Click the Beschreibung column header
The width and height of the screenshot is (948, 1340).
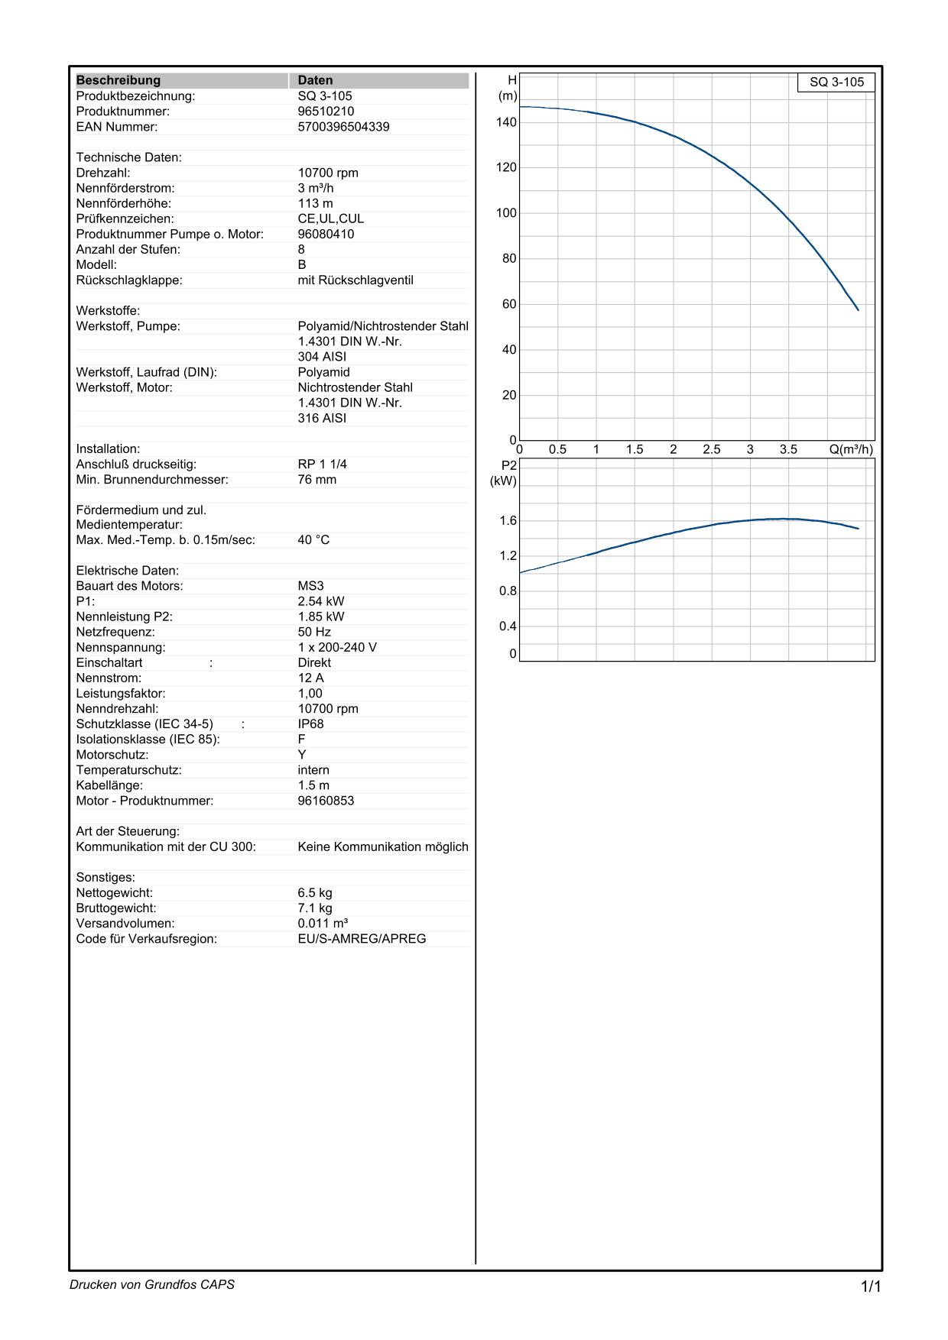point(118,80)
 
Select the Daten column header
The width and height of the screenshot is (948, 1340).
point(315,80)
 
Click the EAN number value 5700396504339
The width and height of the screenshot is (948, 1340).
point(343,127)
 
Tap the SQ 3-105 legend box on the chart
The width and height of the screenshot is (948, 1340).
point(836,83)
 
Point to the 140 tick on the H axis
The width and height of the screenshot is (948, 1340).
point(506,122)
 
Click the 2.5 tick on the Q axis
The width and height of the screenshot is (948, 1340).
point(711,449)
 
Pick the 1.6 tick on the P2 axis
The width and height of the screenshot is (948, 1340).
point(508,521)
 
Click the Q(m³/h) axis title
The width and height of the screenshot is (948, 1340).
point(850,449)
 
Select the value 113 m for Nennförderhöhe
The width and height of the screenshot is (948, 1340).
point(315,203)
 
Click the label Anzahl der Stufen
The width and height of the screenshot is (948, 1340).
point(128,249)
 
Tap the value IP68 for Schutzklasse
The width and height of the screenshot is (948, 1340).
point(310,723)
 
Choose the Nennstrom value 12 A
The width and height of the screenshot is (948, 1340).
point(310,678)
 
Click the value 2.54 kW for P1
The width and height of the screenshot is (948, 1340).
point(321,601)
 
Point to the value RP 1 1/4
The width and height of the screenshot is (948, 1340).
point(322,464)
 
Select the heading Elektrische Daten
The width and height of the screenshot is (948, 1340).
point(127,571)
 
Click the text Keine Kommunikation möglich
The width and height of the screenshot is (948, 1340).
point(382,846)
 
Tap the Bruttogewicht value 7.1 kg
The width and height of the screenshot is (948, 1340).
point(315,908)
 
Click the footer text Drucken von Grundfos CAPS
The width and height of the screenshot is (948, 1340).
point(152,1284)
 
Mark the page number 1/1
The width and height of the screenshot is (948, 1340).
point(871,1287)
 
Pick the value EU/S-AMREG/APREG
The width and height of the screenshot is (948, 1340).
point(362,938)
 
